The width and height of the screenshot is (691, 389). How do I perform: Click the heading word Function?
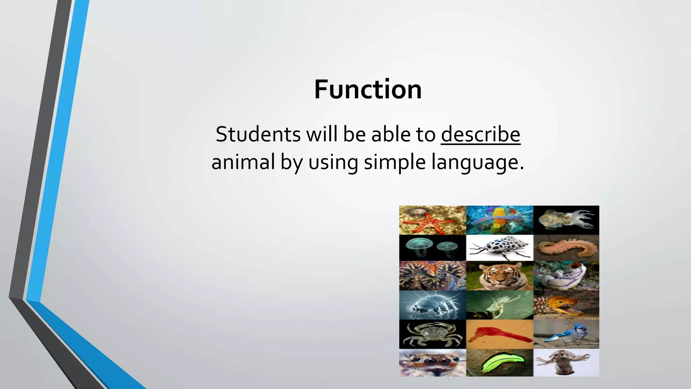368,90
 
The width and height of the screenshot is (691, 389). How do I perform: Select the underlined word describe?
480,134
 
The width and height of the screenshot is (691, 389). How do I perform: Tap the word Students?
258,134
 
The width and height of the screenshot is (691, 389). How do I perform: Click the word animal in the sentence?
243,162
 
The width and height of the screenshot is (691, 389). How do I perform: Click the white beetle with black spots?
499,247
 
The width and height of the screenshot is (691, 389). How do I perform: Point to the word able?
390,134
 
